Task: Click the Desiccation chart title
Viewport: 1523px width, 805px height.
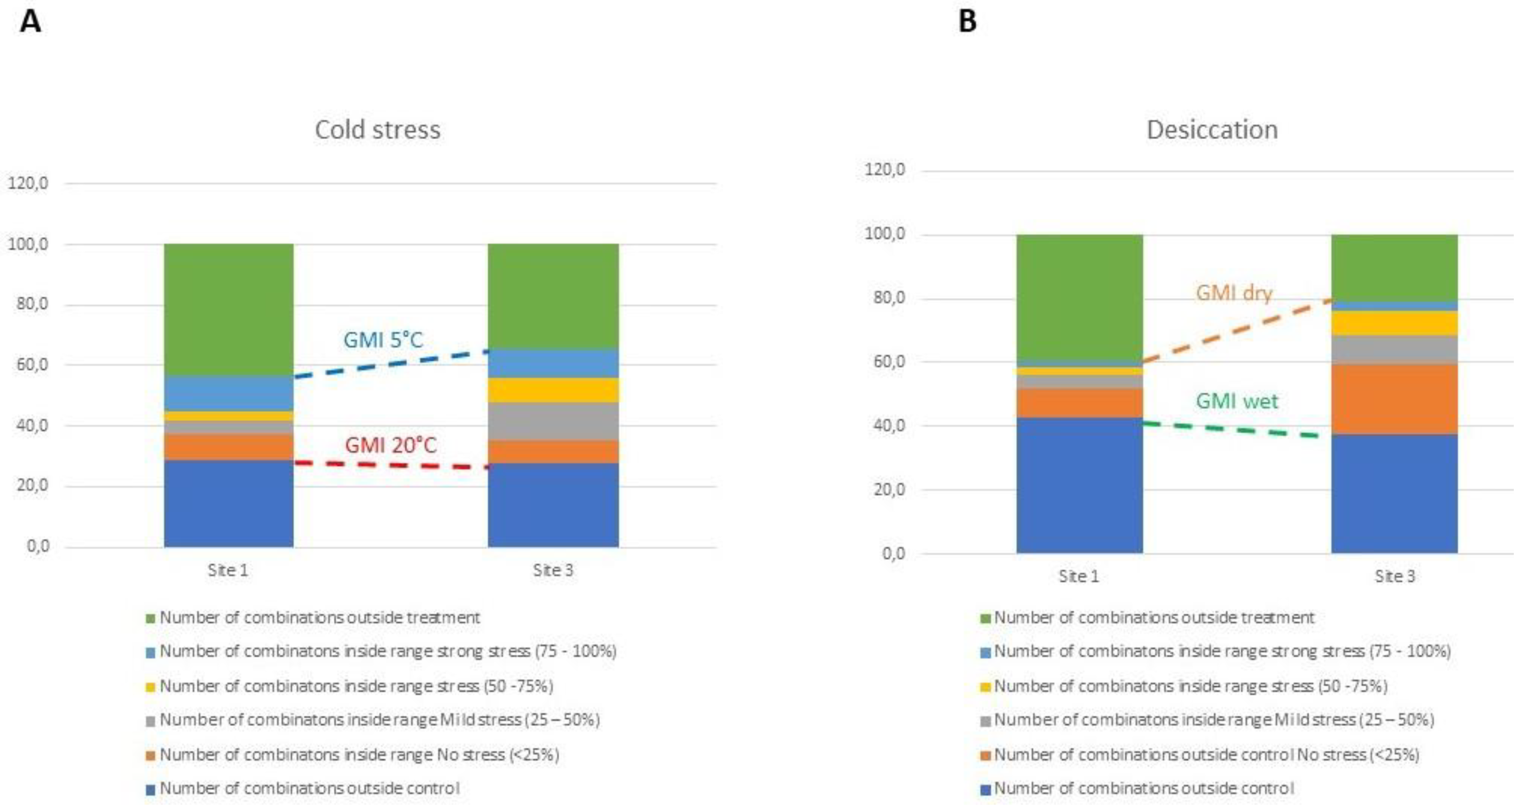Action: click(1211, 129)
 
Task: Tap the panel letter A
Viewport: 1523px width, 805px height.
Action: click(30, 22)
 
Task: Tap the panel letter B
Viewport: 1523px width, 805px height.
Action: click(967, 22)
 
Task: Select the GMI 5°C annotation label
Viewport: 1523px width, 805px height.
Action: click(383, 340)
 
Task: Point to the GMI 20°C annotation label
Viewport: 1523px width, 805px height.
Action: click(390, 445)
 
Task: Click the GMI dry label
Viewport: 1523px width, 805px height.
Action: click(1233, 293)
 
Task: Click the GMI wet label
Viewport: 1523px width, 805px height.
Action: click(1236, 401)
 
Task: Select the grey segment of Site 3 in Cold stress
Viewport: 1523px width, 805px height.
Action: click(553, 421)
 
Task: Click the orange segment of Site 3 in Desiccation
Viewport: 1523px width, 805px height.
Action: click(1394, 399)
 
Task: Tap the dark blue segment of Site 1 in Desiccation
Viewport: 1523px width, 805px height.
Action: click(1079, 485)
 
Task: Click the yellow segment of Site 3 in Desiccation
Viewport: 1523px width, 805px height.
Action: click(1394, 323)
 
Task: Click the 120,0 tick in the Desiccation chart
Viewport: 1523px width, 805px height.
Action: click(884, 170)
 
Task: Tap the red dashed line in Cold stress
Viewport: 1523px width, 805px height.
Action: click(390, 465)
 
